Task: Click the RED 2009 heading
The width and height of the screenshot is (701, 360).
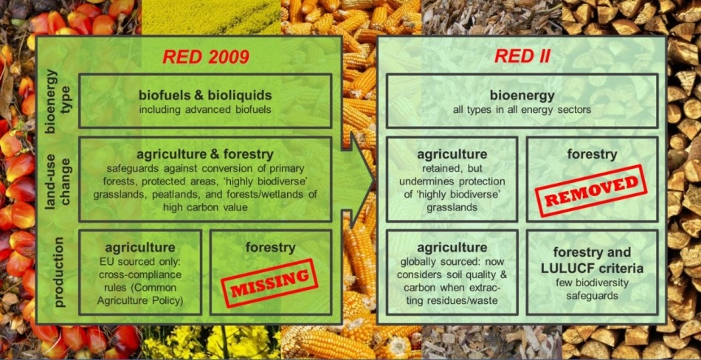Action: (x=205, y=57)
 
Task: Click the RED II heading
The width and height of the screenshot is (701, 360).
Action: (x=522, y=56)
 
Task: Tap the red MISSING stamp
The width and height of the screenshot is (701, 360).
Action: (x=269, y=283)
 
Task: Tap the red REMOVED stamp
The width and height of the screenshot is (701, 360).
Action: (x=591, y=190)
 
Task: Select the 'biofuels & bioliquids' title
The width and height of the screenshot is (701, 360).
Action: (x=205, y=95)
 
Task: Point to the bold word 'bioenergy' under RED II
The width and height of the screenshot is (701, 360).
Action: (x=522, y=95)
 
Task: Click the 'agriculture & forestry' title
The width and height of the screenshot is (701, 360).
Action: (x=205, y=155)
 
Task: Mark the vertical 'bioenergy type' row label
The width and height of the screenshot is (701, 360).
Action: (x=58, y=101)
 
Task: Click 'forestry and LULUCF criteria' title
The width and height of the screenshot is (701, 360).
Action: (x=593, y=260)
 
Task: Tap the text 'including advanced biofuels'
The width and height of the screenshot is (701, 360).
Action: (x=205, y=110)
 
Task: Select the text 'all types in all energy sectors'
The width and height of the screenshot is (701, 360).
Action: (x=522, y=110)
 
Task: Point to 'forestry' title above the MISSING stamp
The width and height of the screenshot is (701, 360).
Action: (x=271, y=248)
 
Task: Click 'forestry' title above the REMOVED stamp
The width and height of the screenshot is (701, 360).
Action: (x=593, y=155)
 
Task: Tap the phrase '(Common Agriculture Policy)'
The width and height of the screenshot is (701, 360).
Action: (x=140, y=294)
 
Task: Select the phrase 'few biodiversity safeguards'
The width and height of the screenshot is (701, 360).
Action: (x=593, y=289)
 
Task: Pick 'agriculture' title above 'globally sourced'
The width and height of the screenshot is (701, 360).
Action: (x=452, y=248)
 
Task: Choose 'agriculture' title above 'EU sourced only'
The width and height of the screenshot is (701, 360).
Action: (x=140, y=248)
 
